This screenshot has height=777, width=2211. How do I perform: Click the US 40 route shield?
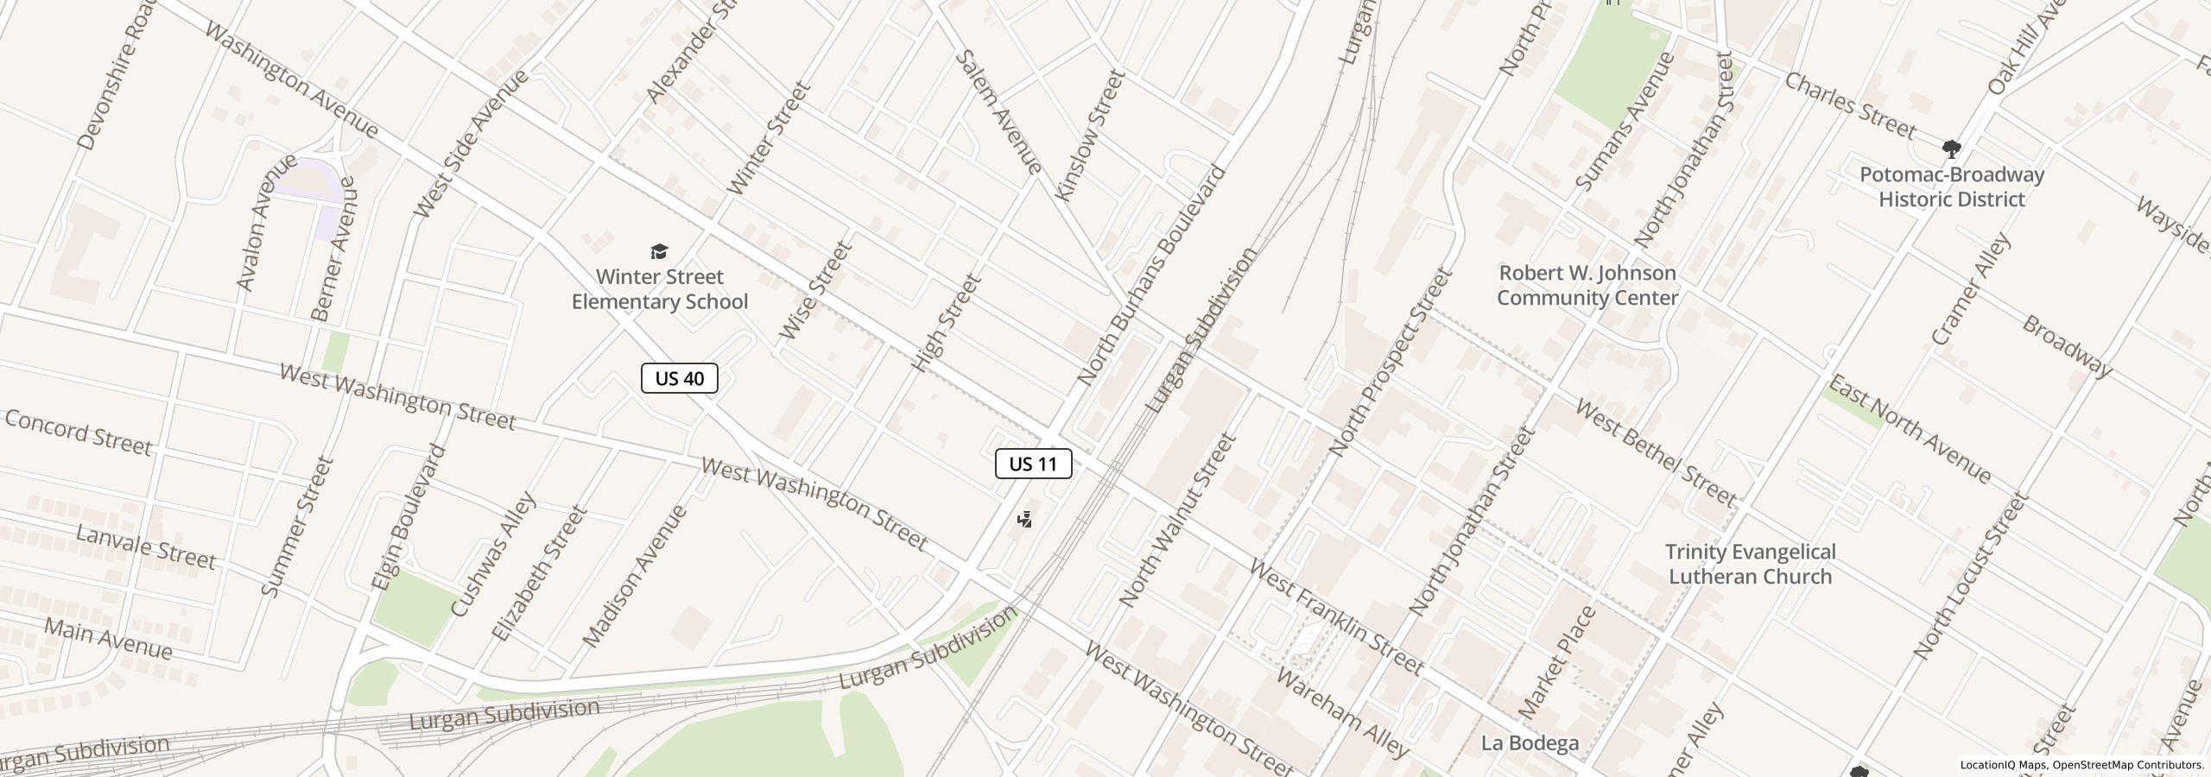pyautogui.click(x=679, y=378)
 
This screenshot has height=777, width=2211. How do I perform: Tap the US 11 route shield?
pyautogui.click(x=1033, y=464)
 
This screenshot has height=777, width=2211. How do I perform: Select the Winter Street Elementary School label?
pyautogui.click(x=659, y=289)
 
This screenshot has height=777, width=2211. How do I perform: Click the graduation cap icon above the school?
pyautogui.click(x=659, y=251)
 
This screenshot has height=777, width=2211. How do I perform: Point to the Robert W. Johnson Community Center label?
pyautogui.click(x=1587, y=285)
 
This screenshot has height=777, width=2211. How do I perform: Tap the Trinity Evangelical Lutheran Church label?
pyautogui.click(x=1750, y=564)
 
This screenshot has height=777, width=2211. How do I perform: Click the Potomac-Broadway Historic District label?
pyautogui.click(x=1951, y=186)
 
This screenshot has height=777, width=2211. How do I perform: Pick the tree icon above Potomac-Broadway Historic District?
pyautogui.click(x=1950, y=149)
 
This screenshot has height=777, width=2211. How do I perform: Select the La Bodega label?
pyautogui.click(x=1530, y=742)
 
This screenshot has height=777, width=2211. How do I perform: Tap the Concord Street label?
pyautogui.click(x=79, y=433)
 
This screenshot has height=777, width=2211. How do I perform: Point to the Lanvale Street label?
pyautogui.click(x=145, y=546)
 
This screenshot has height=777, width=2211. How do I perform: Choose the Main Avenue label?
pyautogui.click(x=108, y=638)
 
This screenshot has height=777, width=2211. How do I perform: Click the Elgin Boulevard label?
pyautogui.click(x=409, y=517)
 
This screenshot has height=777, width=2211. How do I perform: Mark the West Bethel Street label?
pyautogui.click(x=1656, y=452)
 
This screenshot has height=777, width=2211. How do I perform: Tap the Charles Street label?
pyautogui.click(x=1850, y=105)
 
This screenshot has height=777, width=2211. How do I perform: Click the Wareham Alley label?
pyautogui.click(x=1341, y=713)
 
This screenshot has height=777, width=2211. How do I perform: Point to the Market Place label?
pyautogui.click(x=1556, y=663)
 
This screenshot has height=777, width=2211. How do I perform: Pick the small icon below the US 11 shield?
pyautogui.click(x=1024, y=520)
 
